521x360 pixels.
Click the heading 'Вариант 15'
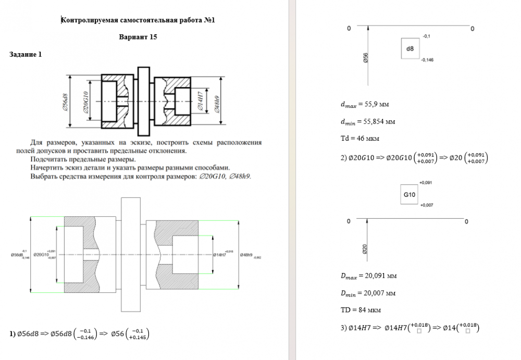(x=138, y=37)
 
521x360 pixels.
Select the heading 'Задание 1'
(x=26, y=54)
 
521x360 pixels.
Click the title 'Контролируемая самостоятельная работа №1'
(x=138, y=20)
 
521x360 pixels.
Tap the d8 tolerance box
(x=410, y=49)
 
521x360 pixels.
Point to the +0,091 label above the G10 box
(x=426, y=183)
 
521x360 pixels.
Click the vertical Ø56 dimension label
(x=365, y=58)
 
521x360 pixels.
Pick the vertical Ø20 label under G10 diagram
(x=365, y=249)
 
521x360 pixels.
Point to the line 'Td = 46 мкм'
(x=359, y=139)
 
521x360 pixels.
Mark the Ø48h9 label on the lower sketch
(x=246, y=255)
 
